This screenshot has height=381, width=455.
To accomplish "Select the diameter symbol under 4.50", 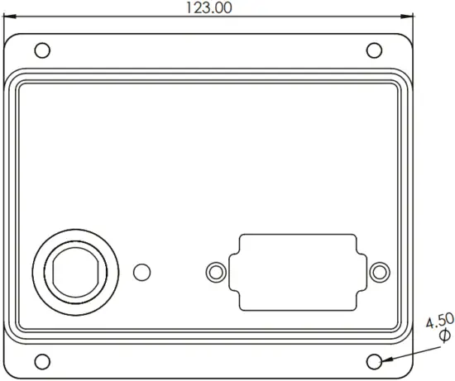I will click(444, 335).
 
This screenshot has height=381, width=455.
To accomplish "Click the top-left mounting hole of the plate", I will click(43, 49).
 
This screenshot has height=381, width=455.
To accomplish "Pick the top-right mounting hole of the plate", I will click(372, 49).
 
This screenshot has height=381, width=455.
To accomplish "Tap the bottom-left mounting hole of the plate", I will click(43, 360).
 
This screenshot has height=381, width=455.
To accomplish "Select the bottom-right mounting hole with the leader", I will click(374, 361).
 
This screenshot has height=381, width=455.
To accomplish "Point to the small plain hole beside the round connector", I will click(141, 271).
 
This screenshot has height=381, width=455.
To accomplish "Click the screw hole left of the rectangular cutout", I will click(215, 271).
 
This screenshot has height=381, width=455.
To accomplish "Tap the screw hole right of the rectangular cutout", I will click(380, 271).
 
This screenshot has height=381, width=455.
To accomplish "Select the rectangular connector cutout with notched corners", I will click(297, 272).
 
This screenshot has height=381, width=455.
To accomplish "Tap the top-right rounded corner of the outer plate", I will click(408, 38).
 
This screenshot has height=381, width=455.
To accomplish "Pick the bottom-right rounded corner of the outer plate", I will click(408, 373).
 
